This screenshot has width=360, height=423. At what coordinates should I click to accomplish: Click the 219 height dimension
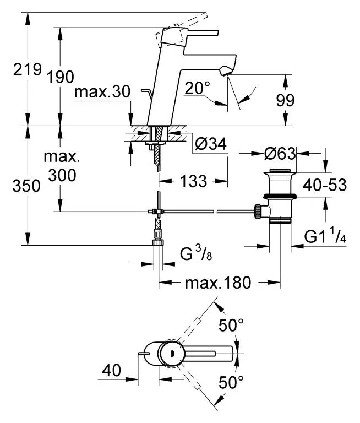point(28,69)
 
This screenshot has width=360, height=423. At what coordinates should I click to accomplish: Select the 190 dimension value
point(61,77)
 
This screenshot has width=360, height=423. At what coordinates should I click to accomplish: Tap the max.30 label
point(102,92)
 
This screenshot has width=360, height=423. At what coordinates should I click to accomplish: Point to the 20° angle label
point(197,88)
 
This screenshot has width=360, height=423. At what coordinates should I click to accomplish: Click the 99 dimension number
point(285,100)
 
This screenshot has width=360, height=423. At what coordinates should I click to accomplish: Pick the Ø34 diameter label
point(211,144)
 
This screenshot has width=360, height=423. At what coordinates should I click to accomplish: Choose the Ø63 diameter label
point(280,154)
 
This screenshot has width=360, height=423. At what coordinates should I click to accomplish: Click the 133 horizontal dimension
point(193,181)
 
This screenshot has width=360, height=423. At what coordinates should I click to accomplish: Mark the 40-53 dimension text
point(324,185)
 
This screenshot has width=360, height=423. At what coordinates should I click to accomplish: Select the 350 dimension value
point(26,186)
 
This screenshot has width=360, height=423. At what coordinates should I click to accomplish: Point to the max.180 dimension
point(218,283)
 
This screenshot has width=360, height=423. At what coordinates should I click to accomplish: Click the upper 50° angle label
point(231,325)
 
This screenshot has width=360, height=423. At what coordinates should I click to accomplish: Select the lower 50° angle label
point(231,382)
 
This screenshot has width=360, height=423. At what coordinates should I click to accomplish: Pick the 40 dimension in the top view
point(111,370)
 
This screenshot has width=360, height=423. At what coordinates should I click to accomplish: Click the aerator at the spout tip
point(226,71)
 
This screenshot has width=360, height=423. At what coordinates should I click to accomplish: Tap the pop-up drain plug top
point(280,171)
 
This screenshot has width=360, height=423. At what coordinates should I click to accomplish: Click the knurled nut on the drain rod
point(257,211)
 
